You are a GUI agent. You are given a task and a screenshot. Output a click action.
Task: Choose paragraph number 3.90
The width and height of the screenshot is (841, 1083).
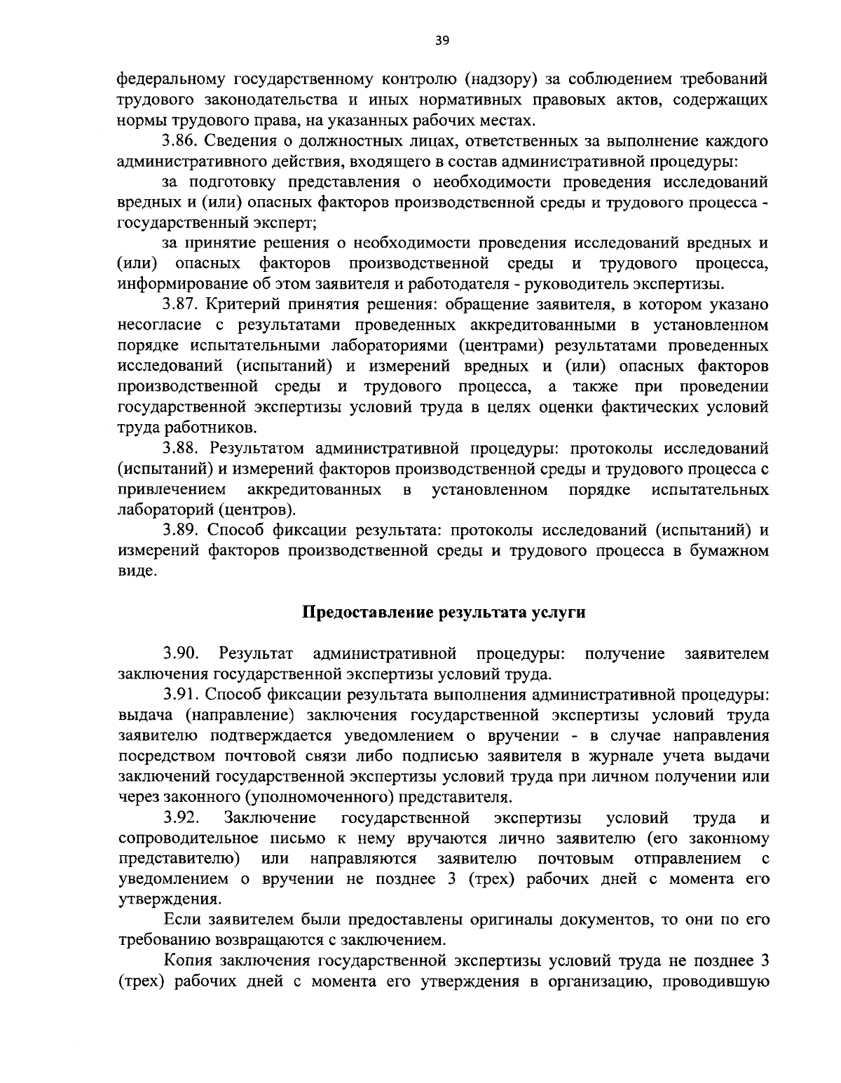point(182,654)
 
